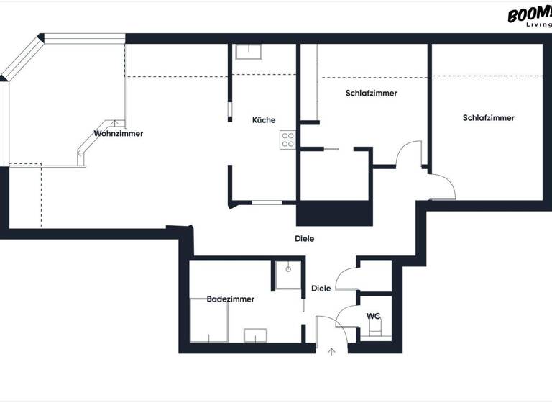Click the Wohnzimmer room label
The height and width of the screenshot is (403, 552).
tap(119, 134)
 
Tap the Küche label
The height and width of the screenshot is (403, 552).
tap(263, 120)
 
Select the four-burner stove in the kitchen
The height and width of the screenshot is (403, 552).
tap(287, 139)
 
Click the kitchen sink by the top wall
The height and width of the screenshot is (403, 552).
tap(248, 51)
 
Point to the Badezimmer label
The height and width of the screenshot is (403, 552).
tap(230, 299)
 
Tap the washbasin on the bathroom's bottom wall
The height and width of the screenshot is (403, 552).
tap(255, 335)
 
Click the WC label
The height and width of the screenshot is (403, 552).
tap(373, 316)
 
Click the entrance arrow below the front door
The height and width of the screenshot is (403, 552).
tap(331, 352)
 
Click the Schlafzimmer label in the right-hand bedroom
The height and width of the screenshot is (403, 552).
tap(489, 118)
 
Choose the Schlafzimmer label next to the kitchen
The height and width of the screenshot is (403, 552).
tap(371, 94)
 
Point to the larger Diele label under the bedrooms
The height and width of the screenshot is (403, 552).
tap(305, 238)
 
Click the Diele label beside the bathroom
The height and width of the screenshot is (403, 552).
tap(321, 289)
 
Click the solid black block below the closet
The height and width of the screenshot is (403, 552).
tap(334, 214)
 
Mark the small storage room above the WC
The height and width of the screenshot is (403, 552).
tap(375, 276)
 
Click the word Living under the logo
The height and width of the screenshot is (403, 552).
tap(538, 24)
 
